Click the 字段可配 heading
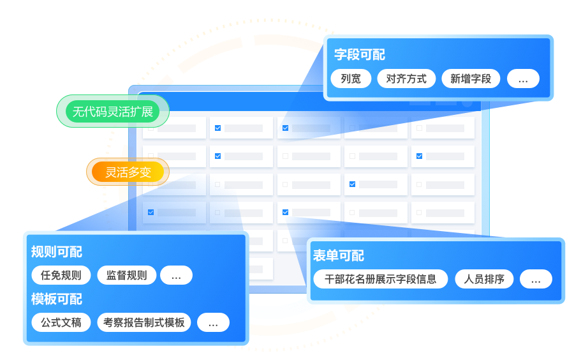(360, 55)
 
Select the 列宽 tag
(351, 79)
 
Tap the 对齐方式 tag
(406, 79)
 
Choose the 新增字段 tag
(471, 79)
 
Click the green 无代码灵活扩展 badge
(113, 112)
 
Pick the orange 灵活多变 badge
(128, 172)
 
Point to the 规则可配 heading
(57, 251)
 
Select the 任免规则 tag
(61, 275)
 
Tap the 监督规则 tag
(126, 275)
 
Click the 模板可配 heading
(57, 299)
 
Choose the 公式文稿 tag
(61, 322)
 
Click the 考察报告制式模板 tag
(143, 322)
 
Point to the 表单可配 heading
(339, 256)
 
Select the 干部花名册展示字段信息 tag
(381, 279)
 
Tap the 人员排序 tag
(484, 279)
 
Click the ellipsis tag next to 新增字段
(523, 79)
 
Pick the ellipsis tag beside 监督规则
(176, 275)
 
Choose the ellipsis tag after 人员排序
(536, 279)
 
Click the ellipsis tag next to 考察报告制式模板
(213, 322)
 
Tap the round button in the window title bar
(467, 101)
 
